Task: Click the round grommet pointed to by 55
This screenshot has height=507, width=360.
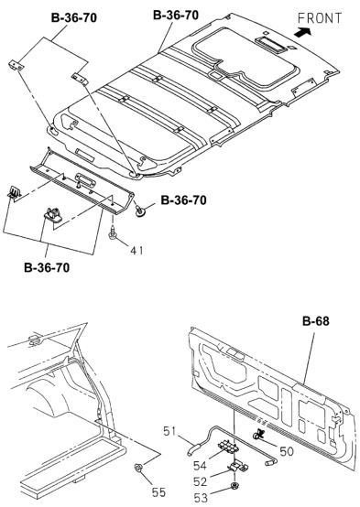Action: pyautogui.click(x=138, y=469)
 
